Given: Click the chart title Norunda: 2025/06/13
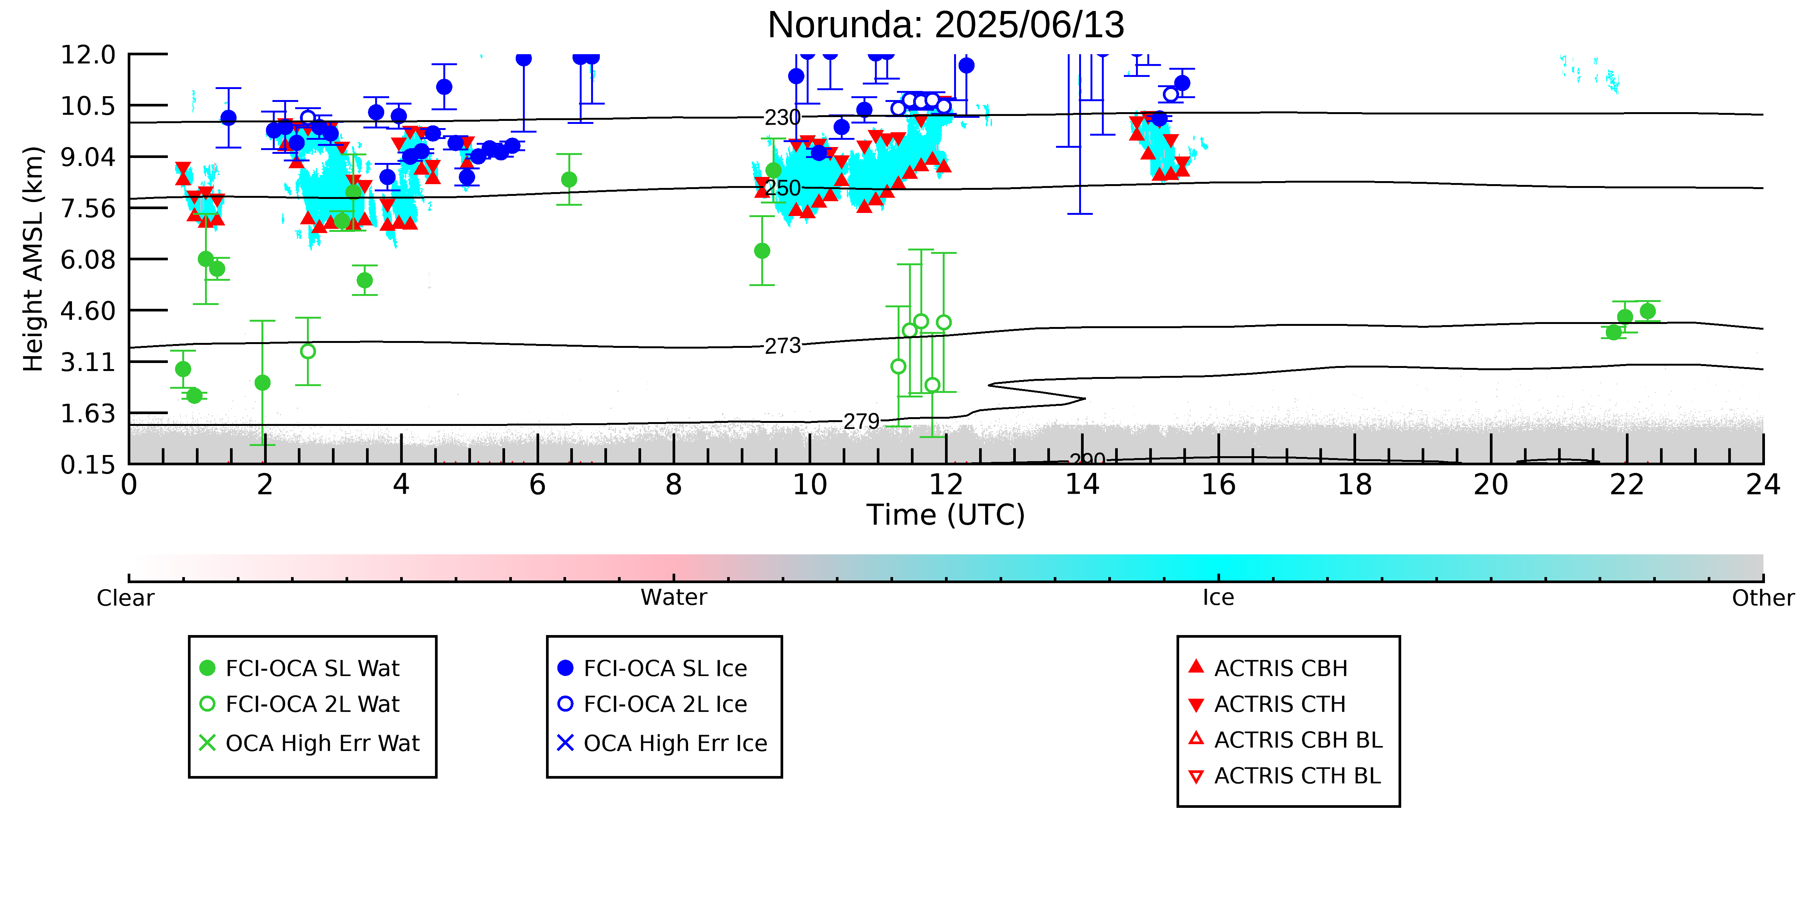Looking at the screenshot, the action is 946,25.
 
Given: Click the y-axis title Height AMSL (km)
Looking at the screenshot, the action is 33,258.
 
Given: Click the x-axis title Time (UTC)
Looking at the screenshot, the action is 946,515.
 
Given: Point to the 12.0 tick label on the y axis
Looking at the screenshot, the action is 88,54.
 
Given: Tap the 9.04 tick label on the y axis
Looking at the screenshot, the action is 88,156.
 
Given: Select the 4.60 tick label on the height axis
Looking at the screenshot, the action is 88,311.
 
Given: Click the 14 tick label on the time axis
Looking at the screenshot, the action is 1082,485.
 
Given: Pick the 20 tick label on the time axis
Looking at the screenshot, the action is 1491,485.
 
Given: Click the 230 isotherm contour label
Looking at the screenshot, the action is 783,117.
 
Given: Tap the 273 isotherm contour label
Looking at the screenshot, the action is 783,346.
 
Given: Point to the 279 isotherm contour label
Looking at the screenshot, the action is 862,421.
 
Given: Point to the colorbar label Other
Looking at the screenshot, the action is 1763,598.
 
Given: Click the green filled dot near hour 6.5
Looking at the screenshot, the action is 569,179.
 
